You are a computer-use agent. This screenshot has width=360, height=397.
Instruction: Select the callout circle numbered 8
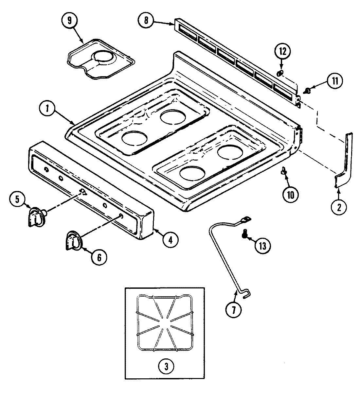(146, 20)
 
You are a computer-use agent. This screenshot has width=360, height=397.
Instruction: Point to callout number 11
(333, 81)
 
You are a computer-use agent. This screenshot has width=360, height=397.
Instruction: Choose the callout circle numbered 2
(339, 206)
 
